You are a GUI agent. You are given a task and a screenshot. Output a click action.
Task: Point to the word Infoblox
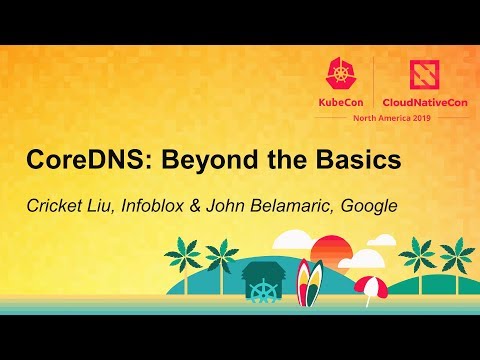(x=178, y=207)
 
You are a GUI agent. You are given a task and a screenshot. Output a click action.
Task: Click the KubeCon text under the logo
(x=342, y=102)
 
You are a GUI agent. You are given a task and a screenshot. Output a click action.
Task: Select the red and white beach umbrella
(x=369, y=287)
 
